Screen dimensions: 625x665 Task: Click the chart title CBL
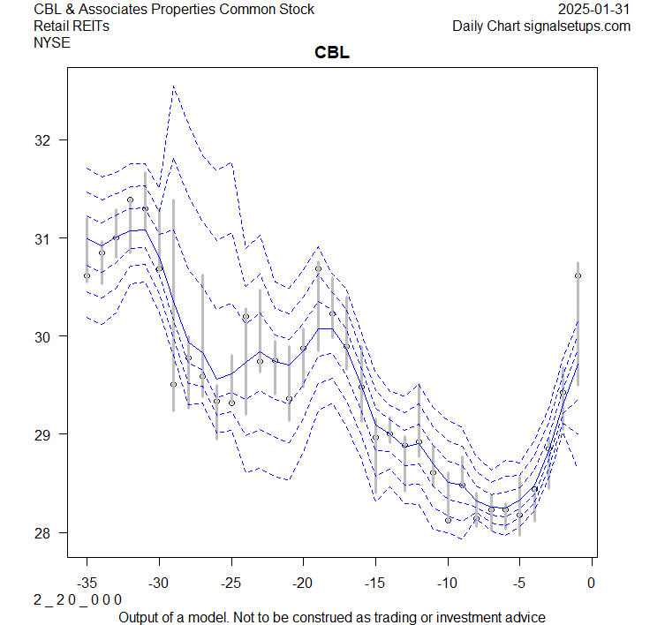tap(332, 53)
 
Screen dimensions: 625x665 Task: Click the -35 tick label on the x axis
tap(87, 583)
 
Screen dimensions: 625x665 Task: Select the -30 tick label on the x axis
tap(159, 583)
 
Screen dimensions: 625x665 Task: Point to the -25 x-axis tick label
tap(231, 583)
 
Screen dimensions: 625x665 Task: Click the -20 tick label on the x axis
tap(303, 583)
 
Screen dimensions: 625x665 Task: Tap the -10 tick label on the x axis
tap(448, 583)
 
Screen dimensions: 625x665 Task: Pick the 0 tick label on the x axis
tap(592, 583)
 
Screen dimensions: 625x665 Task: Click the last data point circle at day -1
tap(578, 275)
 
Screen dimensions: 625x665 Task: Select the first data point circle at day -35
tap(87, 275)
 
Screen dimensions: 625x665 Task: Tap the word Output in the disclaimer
tap(140, 617)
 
